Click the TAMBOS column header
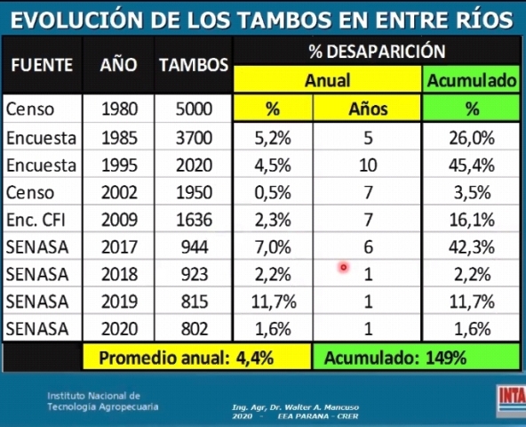pyautogui.click(x=194, y=65)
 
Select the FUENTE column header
pyautogui.click(x=42, y=65)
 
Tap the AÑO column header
pyautogui.click(x=118, y=64)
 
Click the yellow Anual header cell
pyautogui.click(x=327, y=80)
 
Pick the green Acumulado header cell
pyautogui.click(x=471, y=80)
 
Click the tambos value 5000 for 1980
pyautogui.click(x=194, y=109)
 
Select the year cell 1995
pyautogui.click(x=119, y=165)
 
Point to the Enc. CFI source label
pyautogui.click(x=36, y=220)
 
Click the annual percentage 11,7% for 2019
pyautogui.click(x=274, y=302)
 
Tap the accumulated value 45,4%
pyautogui.click(x=472, y=165)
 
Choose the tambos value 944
pyautogui.click(x=195, y=247)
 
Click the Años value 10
pyautogui.click(x=368, y=165)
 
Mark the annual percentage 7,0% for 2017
pyautogui.click(x=273, y=247)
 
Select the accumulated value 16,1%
pyautogui.click(x=472, y=220)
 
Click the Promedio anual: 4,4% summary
pyautogui.click(x=187, y=358)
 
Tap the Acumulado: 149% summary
pyautogui.click(x=395, y=358)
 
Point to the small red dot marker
pyautogui.click(x=344, y=268)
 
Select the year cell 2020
pyautogui.click(x=119, y=329)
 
